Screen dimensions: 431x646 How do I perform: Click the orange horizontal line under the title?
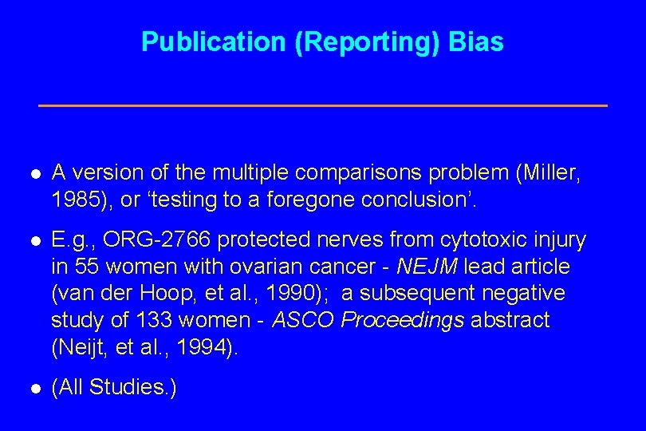tap(323, 105)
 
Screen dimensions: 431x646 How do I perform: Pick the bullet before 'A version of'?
tap(35, 173)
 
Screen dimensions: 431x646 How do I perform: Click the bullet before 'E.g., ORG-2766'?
tap(35, 241)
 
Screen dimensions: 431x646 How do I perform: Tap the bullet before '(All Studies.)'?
tap(35, 389)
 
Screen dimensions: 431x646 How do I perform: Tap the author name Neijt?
tap(78, 348)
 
